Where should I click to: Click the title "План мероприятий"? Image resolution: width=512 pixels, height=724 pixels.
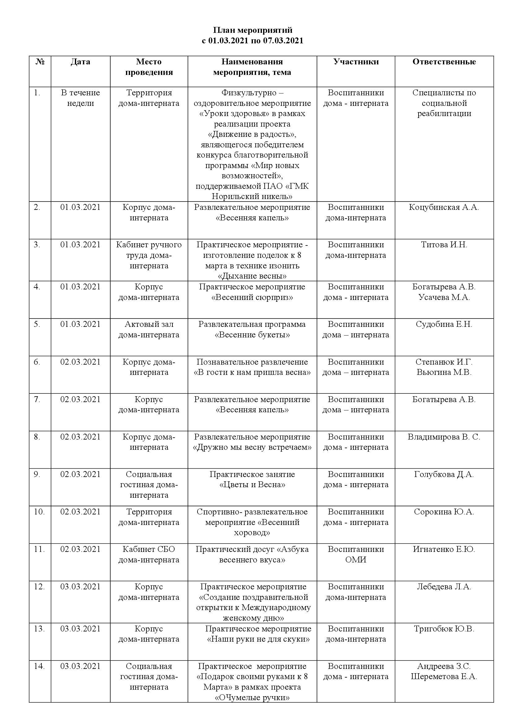253,30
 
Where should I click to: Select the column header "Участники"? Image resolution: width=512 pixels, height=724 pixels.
356,62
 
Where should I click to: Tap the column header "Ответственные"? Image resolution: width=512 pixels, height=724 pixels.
444,62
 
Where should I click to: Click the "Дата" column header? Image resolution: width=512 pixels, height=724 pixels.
80,62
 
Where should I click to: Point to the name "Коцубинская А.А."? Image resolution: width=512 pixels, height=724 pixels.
444,207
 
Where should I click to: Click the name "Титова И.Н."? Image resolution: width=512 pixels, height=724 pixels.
444,245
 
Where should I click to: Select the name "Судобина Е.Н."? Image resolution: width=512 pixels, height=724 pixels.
444,324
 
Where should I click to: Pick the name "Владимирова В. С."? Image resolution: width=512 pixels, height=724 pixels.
444,437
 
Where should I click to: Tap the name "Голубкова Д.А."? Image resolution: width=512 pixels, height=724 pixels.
444,475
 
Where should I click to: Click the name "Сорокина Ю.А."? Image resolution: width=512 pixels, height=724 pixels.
444,512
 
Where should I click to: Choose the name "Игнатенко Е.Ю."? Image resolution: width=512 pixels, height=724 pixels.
444,550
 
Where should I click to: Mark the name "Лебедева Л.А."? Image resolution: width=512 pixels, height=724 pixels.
444,587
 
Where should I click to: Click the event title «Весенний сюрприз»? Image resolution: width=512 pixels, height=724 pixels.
252,297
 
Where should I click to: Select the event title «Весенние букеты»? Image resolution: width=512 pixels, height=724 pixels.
252,335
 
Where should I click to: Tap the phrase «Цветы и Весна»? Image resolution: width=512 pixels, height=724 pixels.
252,485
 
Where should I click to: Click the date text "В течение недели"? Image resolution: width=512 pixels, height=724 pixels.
80,98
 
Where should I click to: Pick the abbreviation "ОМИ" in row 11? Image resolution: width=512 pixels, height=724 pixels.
356,560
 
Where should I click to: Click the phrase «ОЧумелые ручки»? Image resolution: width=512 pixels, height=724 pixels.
252,697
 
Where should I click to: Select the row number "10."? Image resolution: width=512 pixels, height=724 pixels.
39,512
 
